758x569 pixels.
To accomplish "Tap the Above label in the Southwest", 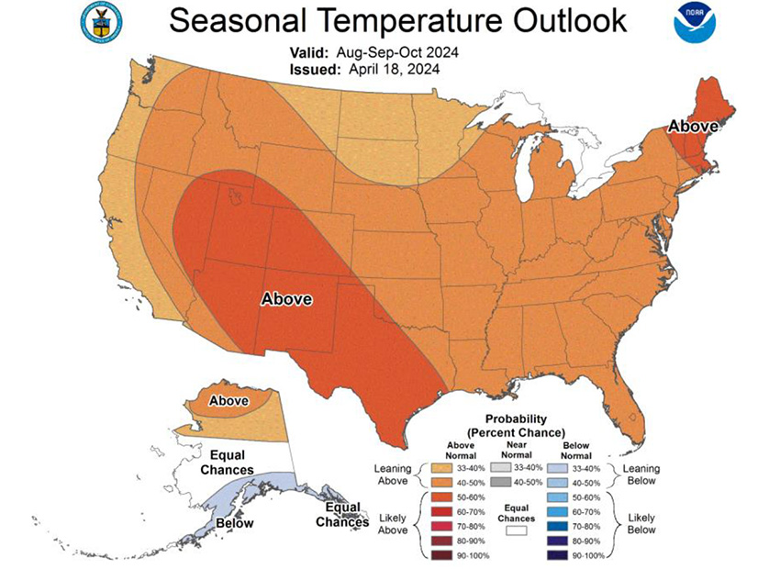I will coord(286,299).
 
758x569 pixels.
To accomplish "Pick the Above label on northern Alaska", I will coord(228,401).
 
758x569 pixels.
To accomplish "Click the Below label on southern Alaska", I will coord(234,524).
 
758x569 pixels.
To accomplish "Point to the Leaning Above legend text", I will coord(392,474).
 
